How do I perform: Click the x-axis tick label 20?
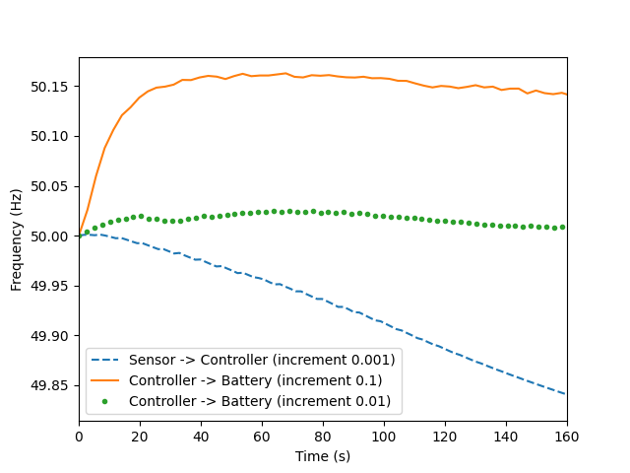click(x=140, y=437)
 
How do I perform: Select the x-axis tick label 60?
click(x=262, y=437)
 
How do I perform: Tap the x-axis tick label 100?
click(x=384, y=437)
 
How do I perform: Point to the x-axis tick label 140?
click(x=506, y=437)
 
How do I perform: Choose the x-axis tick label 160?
click(x=567, y=437)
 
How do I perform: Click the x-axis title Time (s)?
click(x=323, y=455)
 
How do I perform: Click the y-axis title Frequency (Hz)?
click(x=17, y=239)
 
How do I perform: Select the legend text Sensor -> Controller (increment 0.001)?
click(x=262, y=360)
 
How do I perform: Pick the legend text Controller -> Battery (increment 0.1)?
click(x=255, y=380)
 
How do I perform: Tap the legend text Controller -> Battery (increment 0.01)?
click(x=259, y=401)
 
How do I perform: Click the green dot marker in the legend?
click(x=107, y=401)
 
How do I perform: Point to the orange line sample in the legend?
click(x=107, y=380)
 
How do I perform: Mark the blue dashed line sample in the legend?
click(x=107, y=360)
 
